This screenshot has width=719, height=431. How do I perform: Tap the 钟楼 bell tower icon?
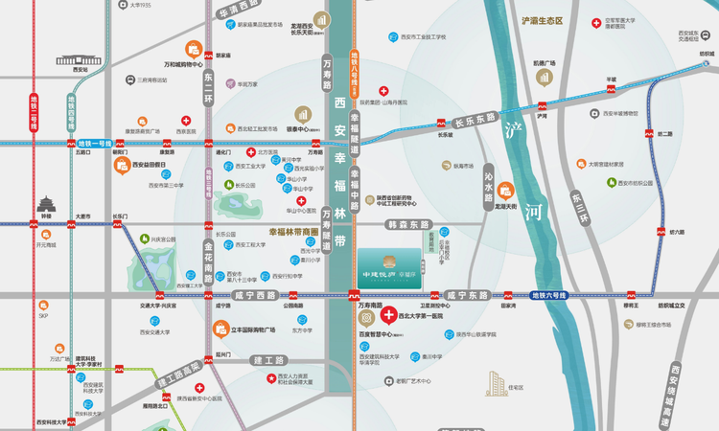(x=46, y=203)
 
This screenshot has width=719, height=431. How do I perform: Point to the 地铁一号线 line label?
(x=97, y=142)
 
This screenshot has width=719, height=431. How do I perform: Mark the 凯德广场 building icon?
(x=545, y=77)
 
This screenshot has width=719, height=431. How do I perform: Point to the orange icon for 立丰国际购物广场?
(x=220, y=330)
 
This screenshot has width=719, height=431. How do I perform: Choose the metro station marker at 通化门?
(x=223, y=142)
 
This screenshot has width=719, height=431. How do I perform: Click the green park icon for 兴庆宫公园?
(x=144, y=239)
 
